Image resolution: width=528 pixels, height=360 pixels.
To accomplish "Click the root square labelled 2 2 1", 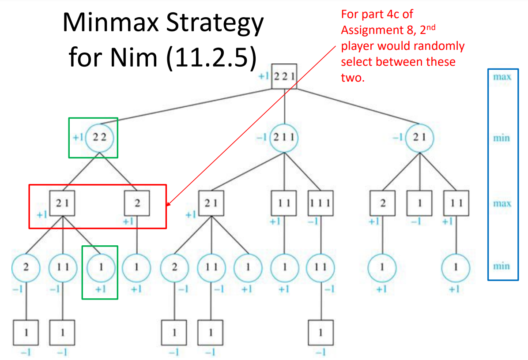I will [x=284, y=77].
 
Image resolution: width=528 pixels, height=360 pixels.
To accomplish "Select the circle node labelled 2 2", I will [x=100, y=137].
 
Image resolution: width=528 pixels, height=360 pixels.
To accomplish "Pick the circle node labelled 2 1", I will [x=419, y=137].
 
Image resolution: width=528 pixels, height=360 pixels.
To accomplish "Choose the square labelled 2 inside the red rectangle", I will [x=136, y=203].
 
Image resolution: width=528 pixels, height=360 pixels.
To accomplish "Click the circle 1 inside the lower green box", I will [x=100, y=267].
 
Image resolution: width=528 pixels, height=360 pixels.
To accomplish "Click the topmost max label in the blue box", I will [x=502, y=77].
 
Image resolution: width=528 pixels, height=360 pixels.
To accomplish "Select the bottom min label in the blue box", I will [x=502, y=266].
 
